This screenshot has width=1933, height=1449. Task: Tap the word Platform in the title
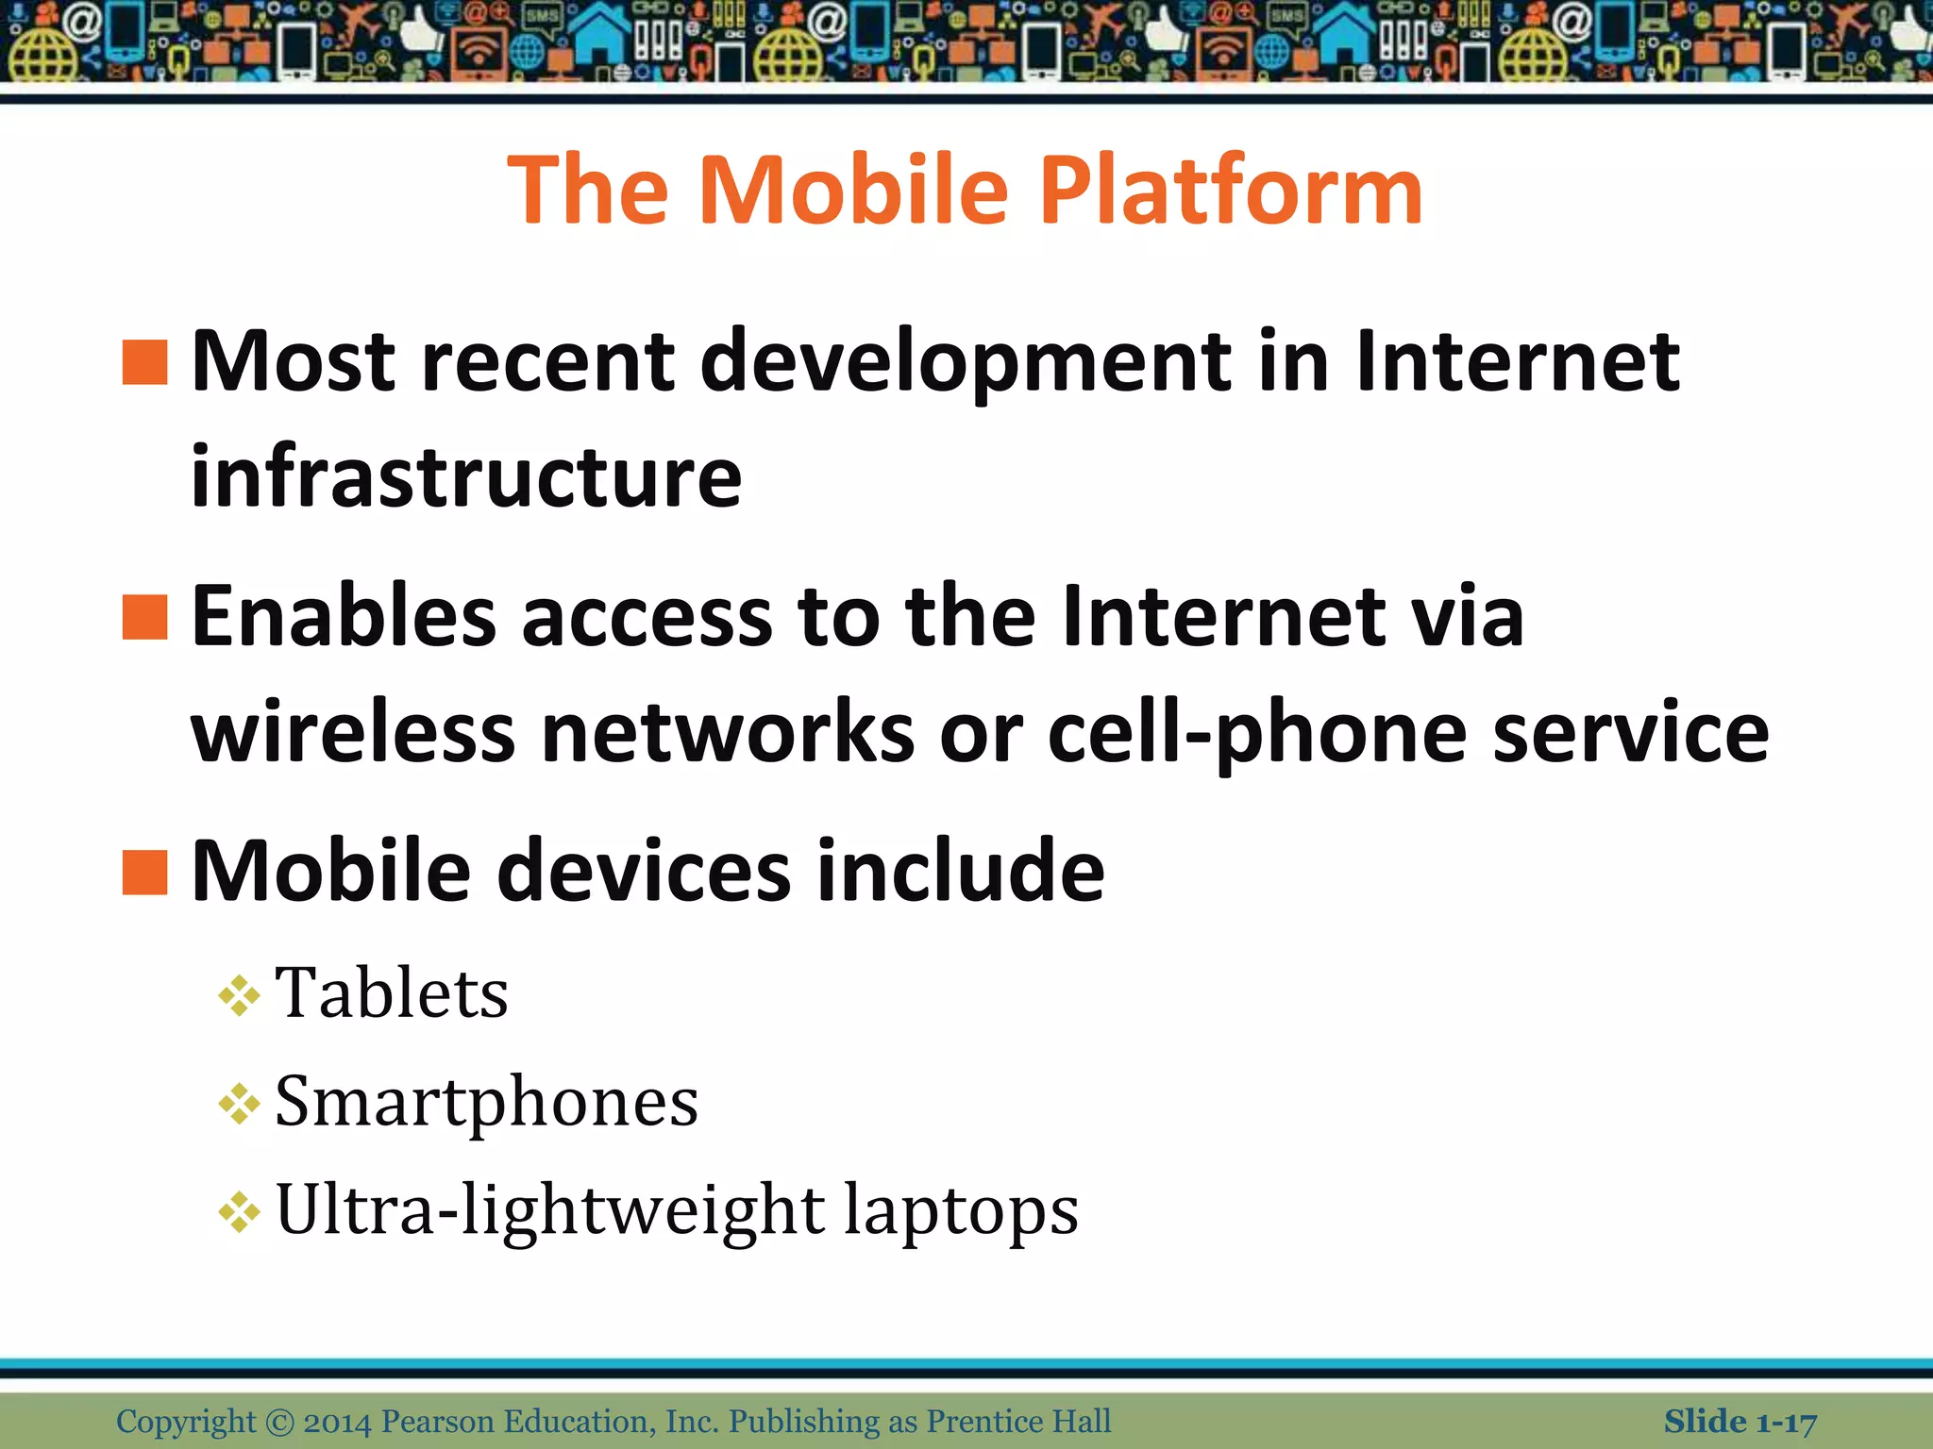click(x=1230, y=192)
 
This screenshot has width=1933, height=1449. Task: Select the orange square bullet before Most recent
click(x=145, y=363)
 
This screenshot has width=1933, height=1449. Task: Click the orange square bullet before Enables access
click(x=145, y=617)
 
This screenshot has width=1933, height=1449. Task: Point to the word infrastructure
click(x=466, y=476)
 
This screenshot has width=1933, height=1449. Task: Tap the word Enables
click(x=344, y=617)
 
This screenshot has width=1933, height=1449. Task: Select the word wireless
click(x=353, y=732)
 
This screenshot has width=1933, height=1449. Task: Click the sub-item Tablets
click(x=392, y=993)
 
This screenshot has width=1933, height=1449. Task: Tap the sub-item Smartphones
click(x=486, y=1102)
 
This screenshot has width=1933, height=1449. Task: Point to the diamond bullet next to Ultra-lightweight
click(x=239, y=1212)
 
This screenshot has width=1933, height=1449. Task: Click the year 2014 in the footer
click(x=337, y=1421)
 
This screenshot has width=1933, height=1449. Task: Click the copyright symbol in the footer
click(x=279, y=1422)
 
